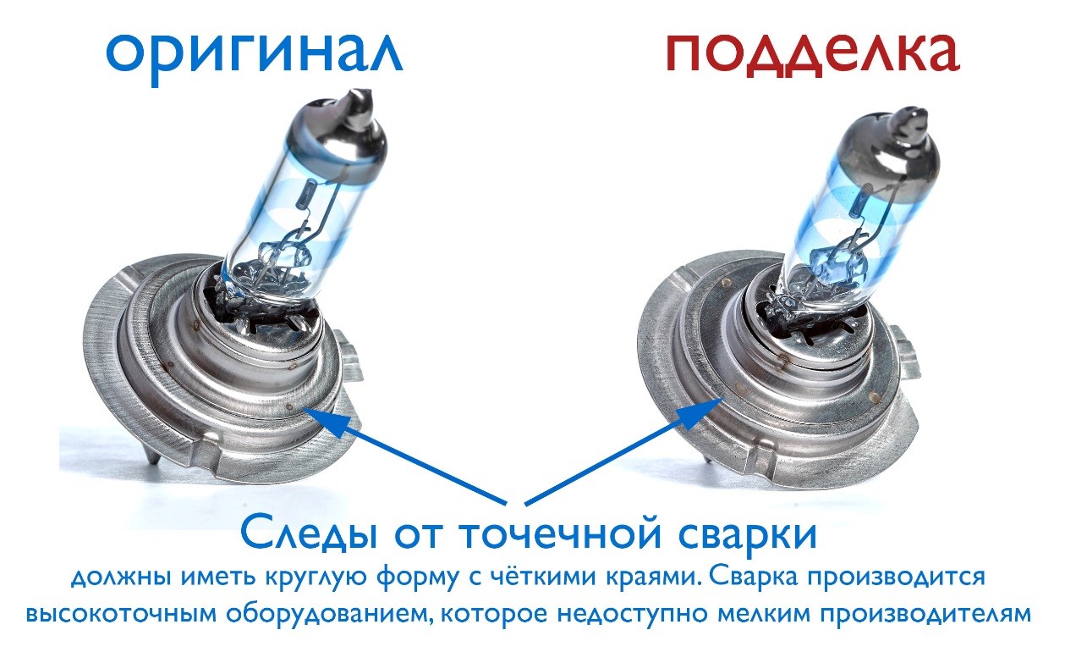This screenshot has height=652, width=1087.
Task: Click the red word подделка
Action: [813, 52]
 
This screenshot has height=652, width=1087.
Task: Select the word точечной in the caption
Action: [561, 534]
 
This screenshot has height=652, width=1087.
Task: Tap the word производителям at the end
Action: [925, 614]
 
